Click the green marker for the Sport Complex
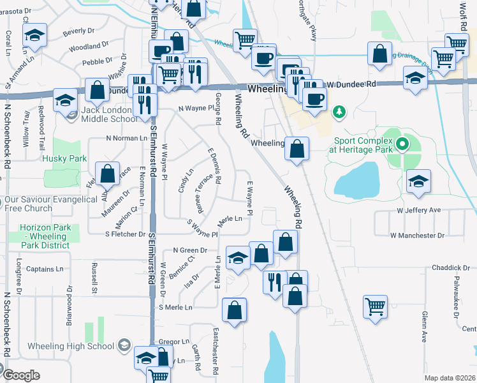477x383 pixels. [402, 144]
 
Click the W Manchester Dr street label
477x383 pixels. [417, 236]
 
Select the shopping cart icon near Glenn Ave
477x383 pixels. [376, 306]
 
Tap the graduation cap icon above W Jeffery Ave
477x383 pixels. [418, 181]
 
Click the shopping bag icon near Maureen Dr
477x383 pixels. [108, 173]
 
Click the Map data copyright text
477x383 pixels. [449, 378]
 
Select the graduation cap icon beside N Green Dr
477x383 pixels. [238, 257]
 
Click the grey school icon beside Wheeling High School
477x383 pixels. [124, 346]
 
